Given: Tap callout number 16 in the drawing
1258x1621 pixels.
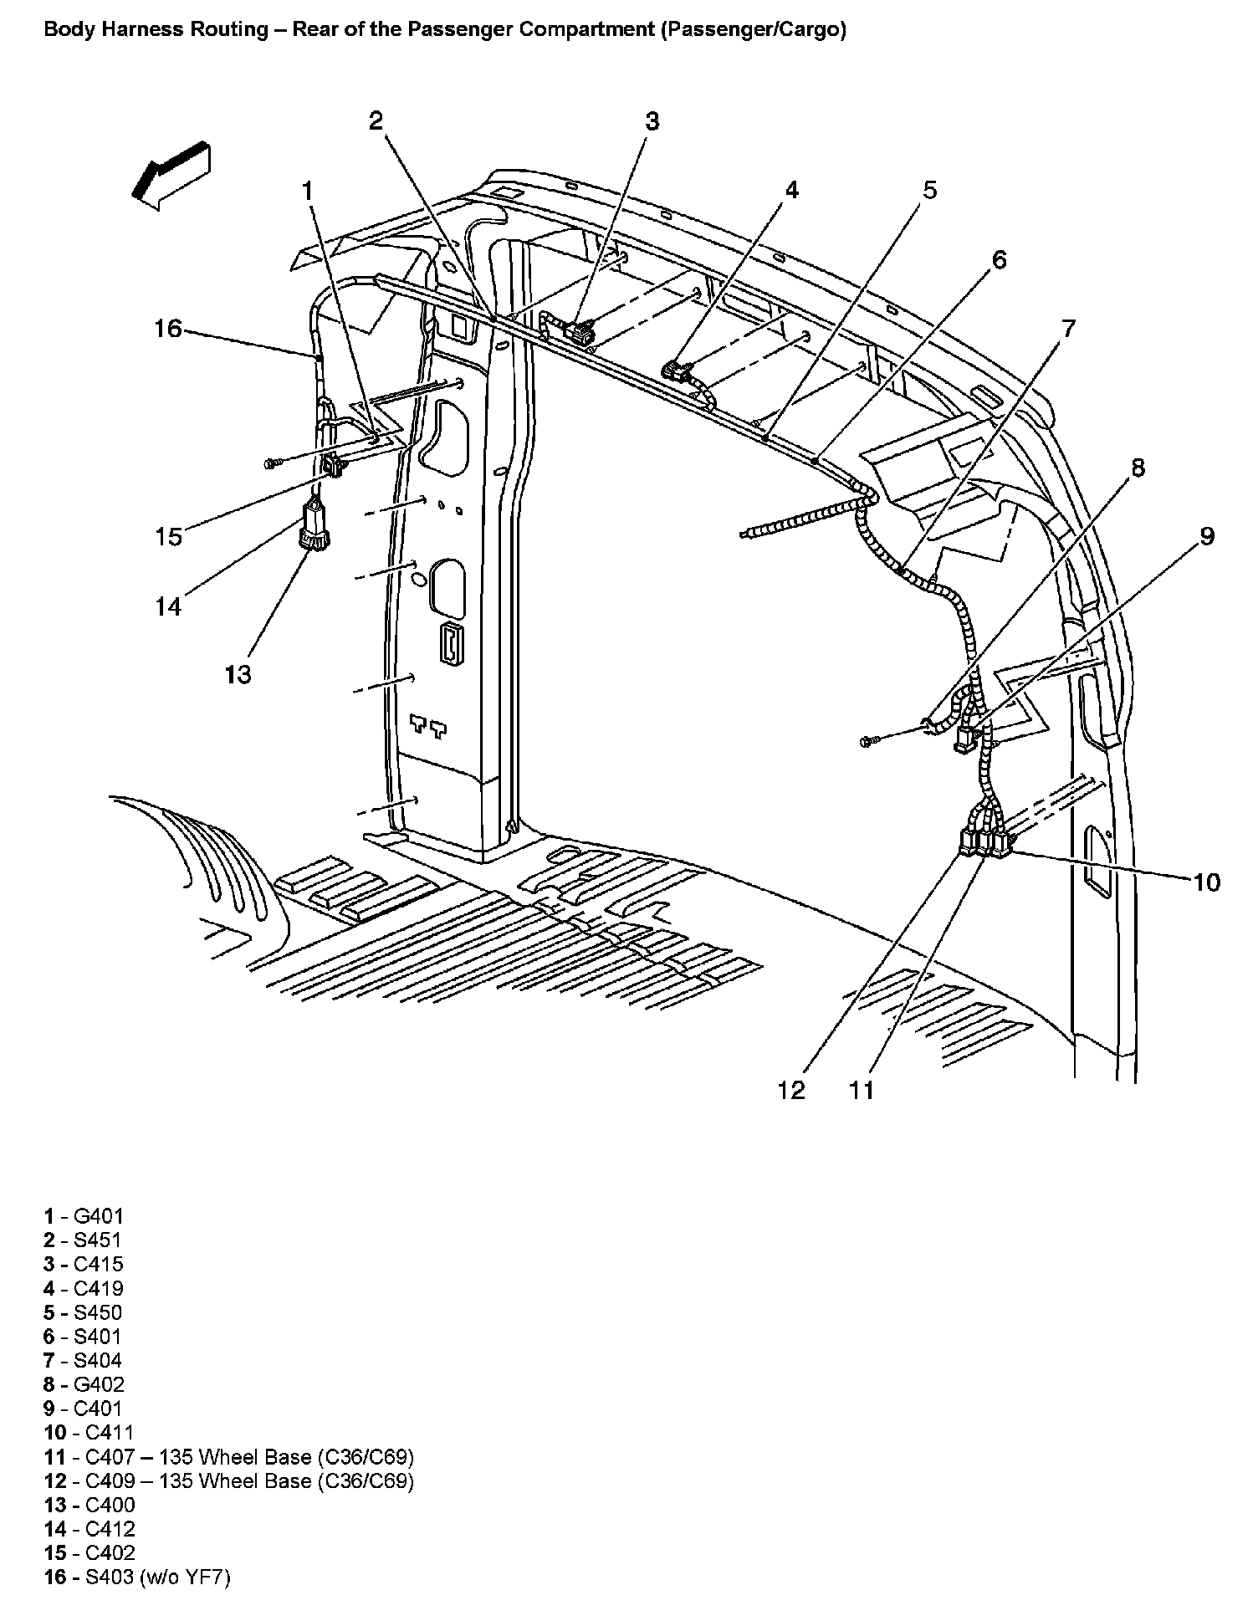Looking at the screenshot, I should pyautogui.click(x=168, y=329).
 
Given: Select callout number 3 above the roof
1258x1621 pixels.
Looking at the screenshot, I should pyautogui.click(x=652, y=121).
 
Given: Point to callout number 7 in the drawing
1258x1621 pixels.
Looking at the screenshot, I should pyautogui.click(x=1069, y=329).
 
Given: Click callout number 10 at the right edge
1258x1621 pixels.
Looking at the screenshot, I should pyautogui.click(x=1206, y=882).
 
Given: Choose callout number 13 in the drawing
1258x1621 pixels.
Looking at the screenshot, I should pyautogui.click(x=238, y=673).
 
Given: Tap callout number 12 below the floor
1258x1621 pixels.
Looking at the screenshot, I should pyautogui.click(x=791, y=1090).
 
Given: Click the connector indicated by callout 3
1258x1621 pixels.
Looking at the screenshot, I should pyautogui.click(x=580, y=331).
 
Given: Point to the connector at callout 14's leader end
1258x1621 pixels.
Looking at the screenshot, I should pyautogui.click(x=314, y=527).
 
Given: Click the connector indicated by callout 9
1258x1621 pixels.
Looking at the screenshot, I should pyautogui.click(x=966, y=738).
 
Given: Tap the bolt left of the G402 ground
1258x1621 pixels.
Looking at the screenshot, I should pyautogui.click(x=867, y=740).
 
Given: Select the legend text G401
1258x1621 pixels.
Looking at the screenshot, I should pyautogui.click(x=99, y=1216).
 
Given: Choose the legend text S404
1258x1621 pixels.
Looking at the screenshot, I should pyautogui.click(x=98, y=1360).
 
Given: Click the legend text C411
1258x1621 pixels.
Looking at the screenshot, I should pyautogui.click(x=110, y=1432).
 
